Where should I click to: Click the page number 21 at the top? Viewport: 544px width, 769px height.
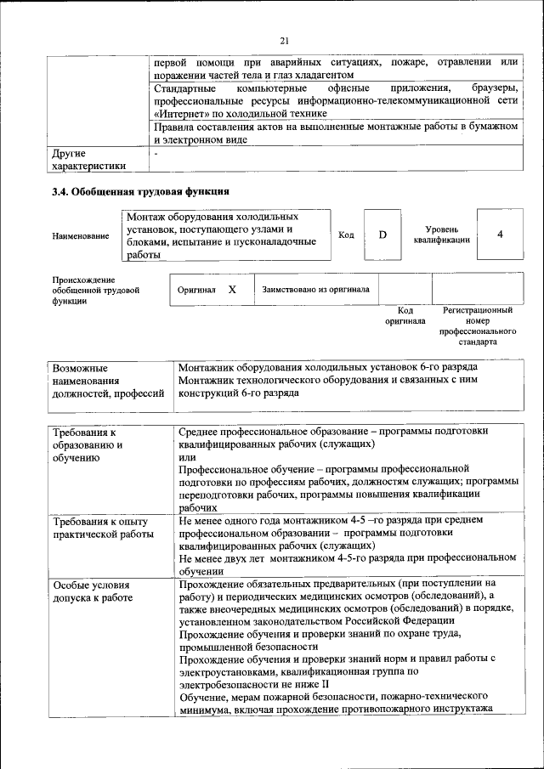tap(285, 40)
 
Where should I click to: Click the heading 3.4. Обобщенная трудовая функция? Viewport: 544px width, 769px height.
tap(141, 192)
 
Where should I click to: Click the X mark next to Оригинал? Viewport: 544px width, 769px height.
tap(232, 290)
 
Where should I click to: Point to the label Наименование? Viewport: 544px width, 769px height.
tap(81, 235)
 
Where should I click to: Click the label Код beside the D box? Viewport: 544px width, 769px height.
tap(346, 235)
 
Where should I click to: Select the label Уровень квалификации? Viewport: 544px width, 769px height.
tap(441, 235)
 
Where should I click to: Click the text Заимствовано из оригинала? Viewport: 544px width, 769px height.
tap(315, 290)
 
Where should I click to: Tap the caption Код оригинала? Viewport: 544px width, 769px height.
tap(405, 316)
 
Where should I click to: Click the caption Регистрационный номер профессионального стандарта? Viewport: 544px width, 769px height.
tap(479, 326)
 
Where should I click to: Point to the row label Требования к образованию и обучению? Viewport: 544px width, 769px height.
tap(93, 444)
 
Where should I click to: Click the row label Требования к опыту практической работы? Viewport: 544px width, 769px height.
tap(102, 527)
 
